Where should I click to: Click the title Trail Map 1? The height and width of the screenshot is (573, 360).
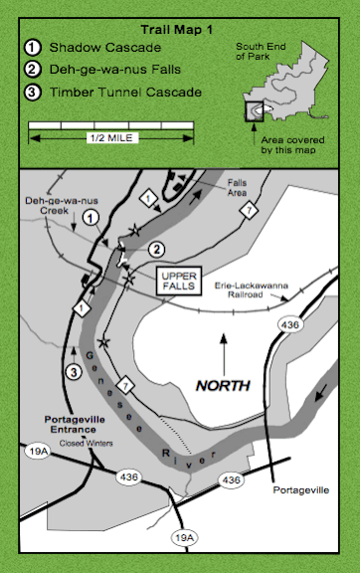[177, 30]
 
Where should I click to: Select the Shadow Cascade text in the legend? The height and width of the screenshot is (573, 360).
[105, 48]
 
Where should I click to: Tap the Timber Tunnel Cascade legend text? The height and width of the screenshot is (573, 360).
[125, 93]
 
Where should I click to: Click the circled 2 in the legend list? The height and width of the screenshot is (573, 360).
[32, 70]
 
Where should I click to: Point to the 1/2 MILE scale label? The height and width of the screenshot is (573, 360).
[111, 137]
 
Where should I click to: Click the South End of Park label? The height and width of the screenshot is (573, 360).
[261, 52]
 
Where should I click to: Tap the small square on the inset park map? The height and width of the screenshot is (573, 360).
[254, 111]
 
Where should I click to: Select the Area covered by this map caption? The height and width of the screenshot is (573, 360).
[292, 145]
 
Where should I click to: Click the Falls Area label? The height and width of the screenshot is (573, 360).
[238, 188]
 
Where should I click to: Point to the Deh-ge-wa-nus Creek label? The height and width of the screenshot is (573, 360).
[62, 205]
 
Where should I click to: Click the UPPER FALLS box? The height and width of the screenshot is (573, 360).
[179, 281]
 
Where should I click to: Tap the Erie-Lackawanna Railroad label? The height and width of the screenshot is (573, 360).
[251, 289]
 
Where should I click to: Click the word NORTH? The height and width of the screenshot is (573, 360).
[223, 386]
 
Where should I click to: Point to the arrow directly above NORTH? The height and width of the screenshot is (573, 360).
[224, 354]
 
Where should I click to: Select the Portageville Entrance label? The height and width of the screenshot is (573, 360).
[75, 424]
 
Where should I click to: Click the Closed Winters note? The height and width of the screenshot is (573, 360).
[87, 444]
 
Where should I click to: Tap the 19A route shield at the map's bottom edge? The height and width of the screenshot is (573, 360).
[185, 537]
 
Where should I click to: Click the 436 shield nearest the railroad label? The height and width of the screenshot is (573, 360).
[290, 324]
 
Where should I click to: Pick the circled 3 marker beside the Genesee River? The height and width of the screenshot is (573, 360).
[74, 372]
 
